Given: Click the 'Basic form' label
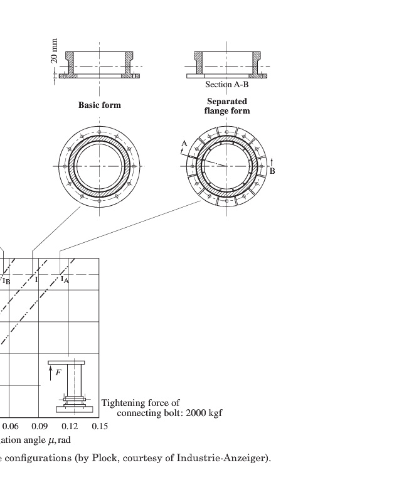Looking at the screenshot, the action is [100, 105].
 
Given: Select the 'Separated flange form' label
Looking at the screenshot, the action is [227, 106].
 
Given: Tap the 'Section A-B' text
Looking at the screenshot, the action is [227, 85].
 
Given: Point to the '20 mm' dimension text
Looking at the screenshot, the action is [55, 51].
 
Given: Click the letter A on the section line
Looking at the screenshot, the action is [184, 144].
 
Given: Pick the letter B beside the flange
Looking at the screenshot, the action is [272, 171].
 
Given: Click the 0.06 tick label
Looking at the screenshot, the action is [10, 426].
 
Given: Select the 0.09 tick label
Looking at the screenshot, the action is [40, 426].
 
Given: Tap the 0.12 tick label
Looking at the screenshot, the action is [70, 426].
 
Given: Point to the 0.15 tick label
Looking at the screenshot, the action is [100, 426].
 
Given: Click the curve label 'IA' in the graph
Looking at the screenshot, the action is [65, 279].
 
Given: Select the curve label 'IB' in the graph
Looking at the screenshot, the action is [6, 281].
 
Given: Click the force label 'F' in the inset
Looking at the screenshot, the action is [58, 372].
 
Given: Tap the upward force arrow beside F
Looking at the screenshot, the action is [51, 373].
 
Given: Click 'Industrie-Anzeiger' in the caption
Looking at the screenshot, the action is [221, 458].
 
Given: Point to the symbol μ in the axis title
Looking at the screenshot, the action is [51, 441].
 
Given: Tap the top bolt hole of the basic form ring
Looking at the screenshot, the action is [99, 132].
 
